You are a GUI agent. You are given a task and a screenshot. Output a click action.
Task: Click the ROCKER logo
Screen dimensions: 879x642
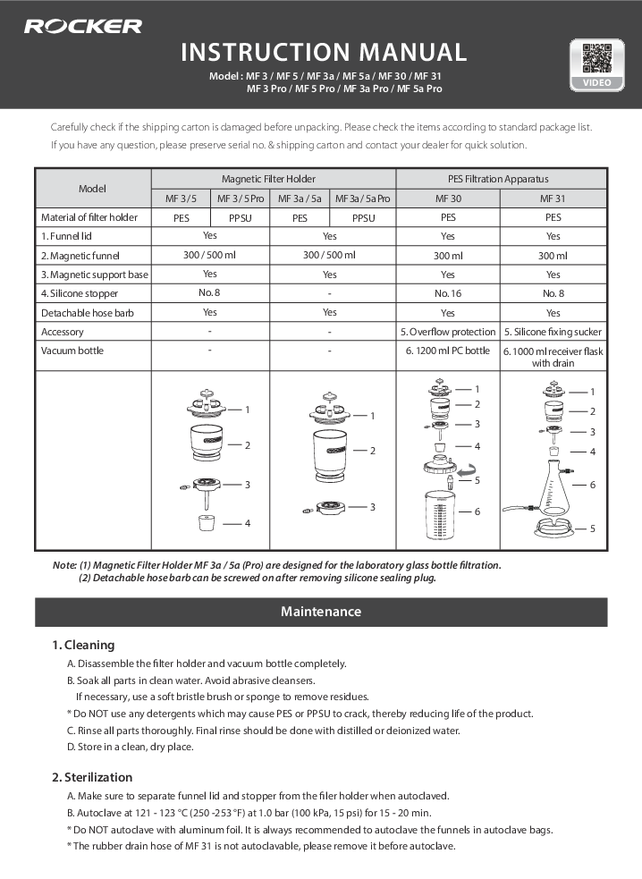(82, 26)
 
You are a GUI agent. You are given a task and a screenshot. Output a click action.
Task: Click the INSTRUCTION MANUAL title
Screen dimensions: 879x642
(324, 53)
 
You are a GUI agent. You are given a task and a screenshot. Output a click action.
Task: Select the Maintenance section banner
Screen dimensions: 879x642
(321, 612)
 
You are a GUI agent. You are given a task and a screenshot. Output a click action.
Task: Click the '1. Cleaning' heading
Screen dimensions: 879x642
(83, 645)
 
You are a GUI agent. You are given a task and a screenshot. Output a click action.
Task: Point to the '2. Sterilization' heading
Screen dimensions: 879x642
(92, 777)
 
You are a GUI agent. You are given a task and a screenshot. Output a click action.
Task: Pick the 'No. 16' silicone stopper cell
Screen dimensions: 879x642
(447, 293)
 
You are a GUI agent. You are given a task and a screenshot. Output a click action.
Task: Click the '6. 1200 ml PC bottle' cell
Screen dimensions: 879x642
(447, 351)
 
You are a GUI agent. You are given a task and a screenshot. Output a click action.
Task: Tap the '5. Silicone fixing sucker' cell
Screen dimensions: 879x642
(553, 332)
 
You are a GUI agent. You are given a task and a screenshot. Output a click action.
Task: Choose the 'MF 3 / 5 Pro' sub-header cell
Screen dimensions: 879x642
(241, 198)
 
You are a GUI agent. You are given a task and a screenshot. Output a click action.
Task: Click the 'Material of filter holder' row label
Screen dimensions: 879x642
(89, 217)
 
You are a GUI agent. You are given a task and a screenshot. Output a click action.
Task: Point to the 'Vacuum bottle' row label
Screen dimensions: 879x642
(72, 351)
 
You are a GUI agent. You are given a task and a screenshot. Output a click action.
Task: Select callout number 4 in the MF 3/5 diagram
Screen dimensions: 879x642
(248, 522)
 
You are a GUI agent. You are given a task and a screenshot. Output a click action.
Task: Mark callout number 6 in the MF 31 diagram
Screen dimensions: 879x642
(592, 484)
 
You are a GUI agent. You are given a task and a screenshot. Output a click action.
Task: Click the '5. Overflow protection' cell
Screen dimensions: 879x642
(447, 332)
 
